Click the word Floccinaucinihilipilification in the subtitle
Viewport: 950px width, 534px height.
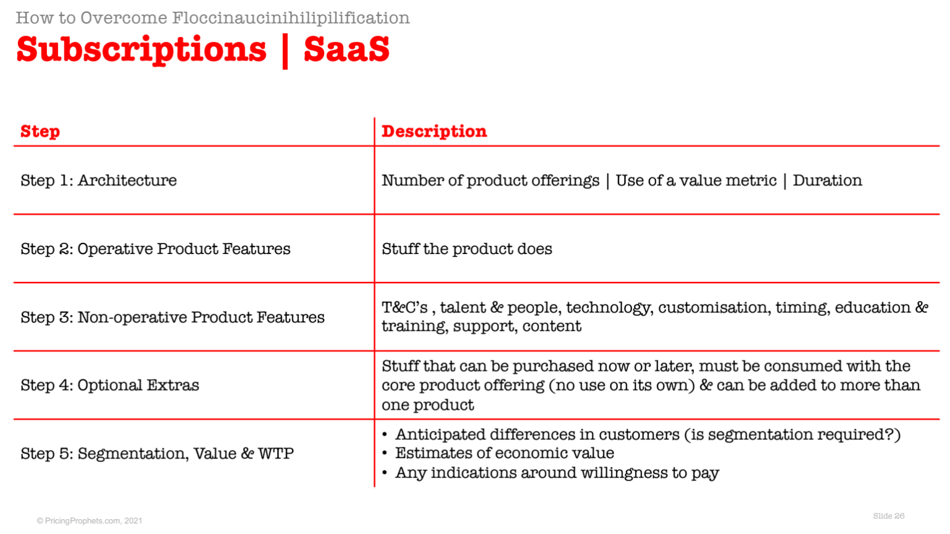point(291,18)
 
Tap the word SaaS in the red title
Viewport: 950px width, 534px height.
point(346,49)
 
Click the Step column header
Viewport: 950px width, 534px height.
point(40,132)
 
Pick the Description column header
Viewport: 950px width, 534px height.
point(434,132)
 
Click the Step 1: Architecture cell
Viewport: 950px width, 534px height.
point(98,180)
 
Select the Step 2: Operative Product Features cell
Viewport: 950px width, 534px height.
point(155,249)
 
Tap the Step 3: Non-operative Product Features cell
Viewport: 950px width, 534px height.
point(172,317)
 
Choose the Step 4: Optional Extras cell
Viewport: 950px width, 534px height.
point(109,385)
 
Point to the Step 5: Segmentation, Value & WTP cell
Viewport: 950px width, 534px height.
point(157,454)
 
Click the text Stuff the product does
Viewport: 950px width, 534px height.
point(467,249)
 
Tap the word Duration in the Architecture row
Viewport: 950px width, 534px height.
point(828,180)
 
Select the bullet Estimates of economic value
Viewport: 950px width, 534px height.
point(505,453)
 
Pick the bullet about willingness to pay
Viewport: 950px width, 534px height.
point(557,473)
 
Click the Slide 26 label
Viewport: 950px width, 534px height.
point(889,516)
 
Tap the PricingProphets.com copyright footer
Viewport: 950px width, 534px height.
point(90,520)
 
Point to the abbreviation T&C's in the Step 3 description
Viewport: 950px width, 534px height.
point(404,307)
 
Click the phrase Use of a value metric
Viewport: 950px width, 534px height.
point(696,180)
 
